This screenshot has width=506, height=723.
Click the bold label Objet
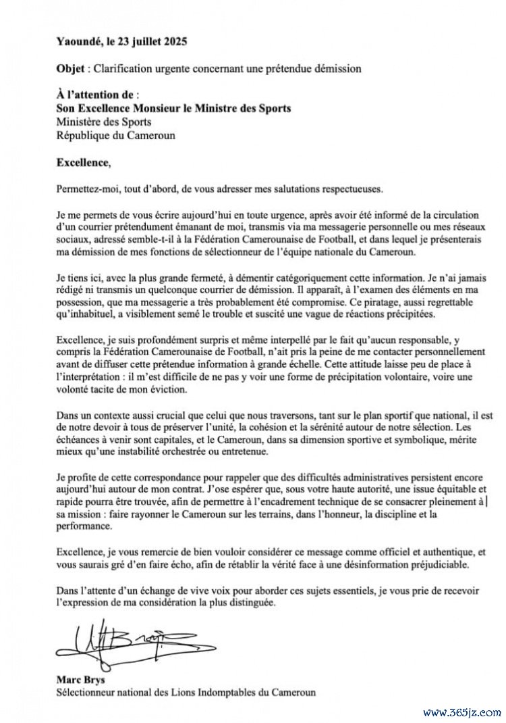72,68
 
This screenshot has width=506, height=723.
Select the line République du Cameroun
115,135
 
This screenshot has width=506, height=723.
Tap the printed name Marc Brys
80,679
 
